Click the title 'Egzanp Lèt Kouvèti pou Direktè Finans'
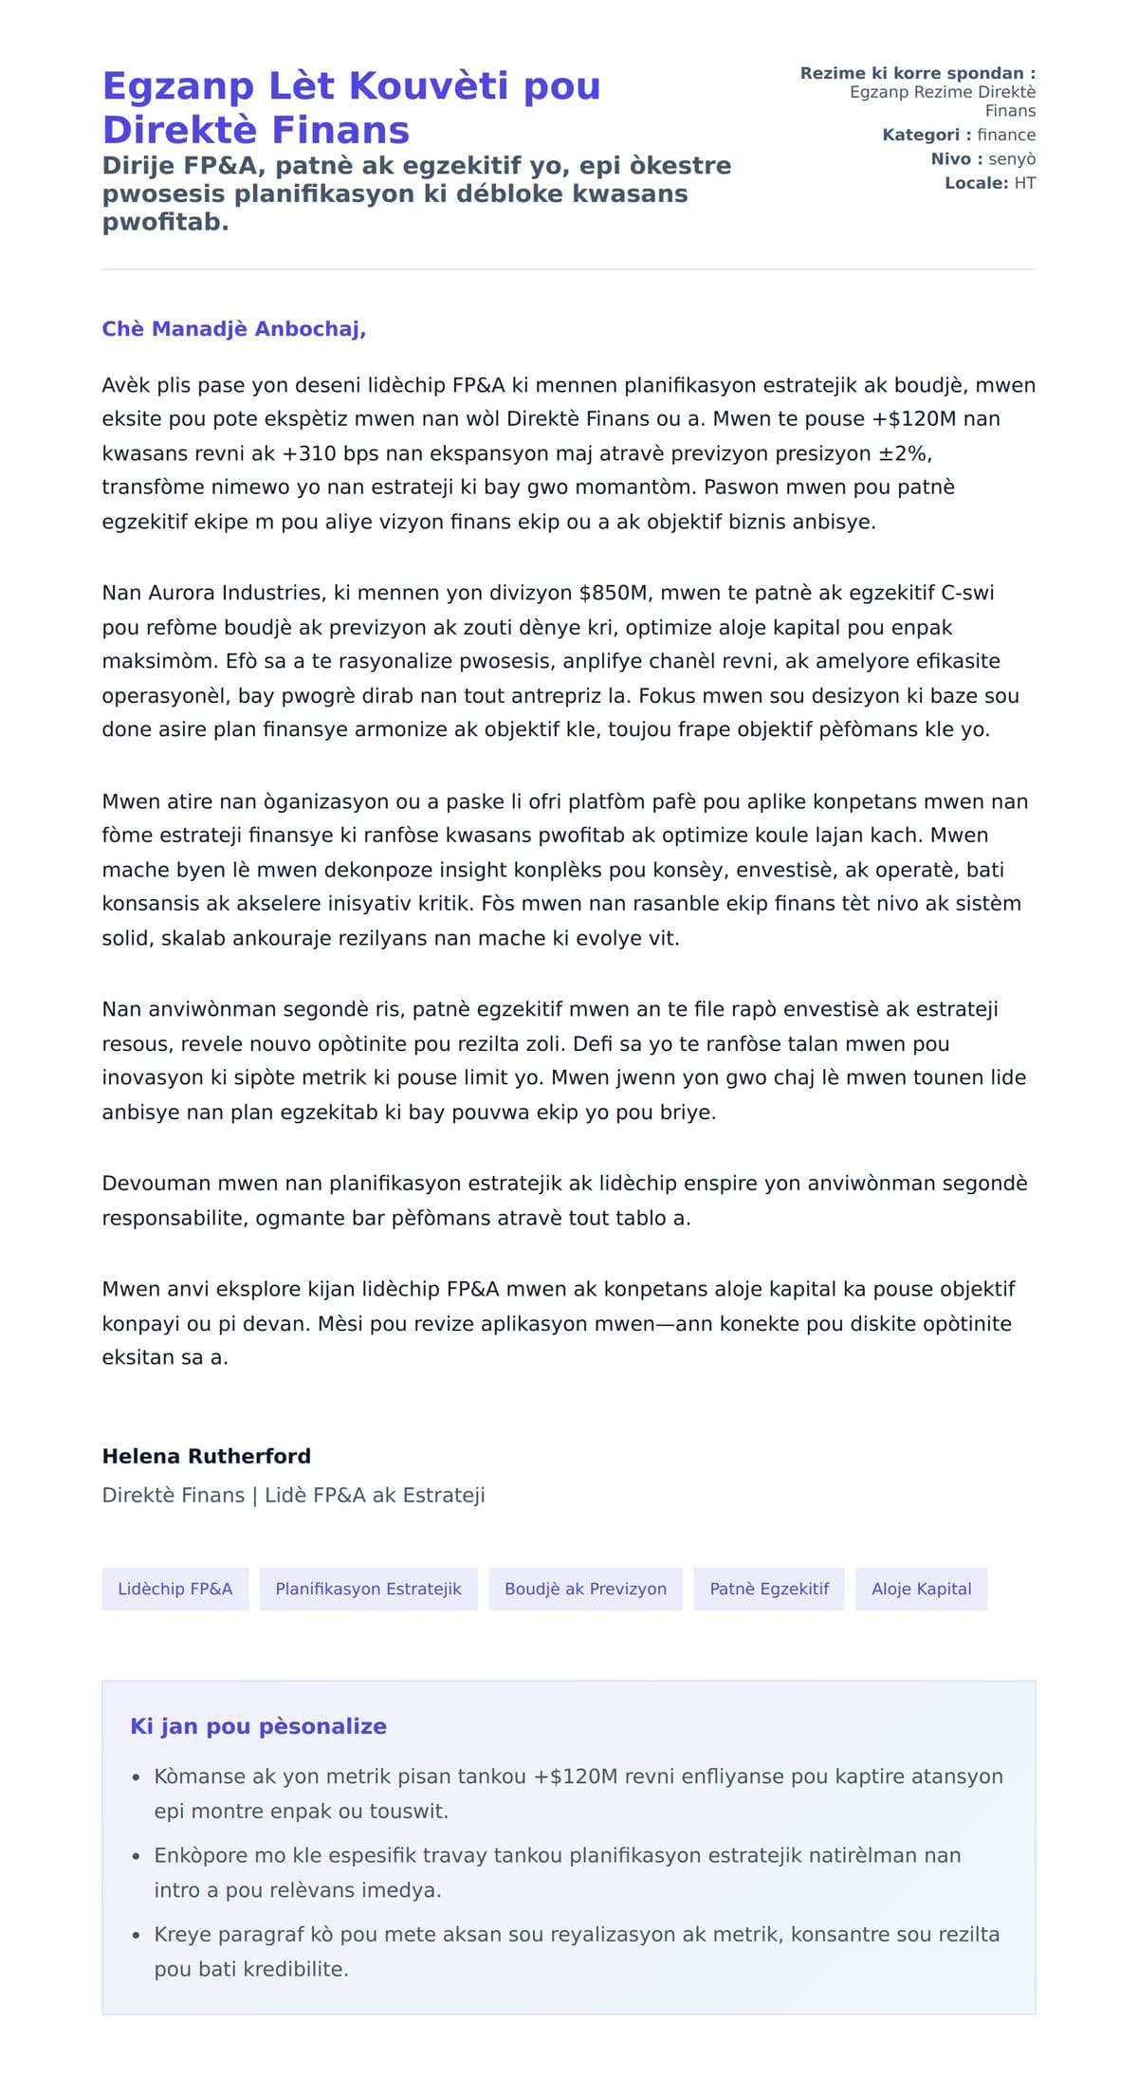pyautogui.click(x=351, y=107)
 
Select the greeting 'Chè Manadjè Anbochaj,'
pyautogui.click(x=234, y=329)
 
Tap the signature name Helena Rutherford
pyautogui.click(x=206, y=1456)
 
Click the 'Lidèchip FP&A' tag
pyautogui.click(x=174, y=1589)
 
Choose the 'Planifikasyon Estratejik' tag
pyautogui.click(x=368, y=1589)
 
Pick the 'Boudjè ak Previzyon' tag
pyautogui.click(x=585, y=1589)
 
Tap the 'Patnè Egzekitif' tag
pyautogui.click(x=769, y=1589)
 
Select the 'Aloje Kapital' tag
pyautogui.click(x=921, y=1589)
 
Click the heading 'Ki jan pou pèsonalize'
pyautogui.click(x=258, y=1726)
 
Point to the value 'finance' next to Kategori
pyautogui.click(x=1006, y=135)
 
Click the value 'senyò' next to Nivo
pyautogui.click(x=1012, y=159)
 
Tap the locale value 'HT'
pyautogui.click(x=1024, y=183)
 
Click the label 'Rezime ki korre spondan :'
pyautogui.click(x=917, y=73)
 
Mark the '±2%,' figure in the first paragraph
pyautogui.click(x=906, y=453)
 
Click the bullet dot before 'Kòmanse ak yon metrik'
pyautogui.click(x=137, y=1777)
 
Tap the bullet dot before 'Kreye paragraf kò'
pyautogui.click(x=137, y=1935)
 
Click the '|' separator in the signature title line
pyautogui.click(x=254, y=1496)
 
